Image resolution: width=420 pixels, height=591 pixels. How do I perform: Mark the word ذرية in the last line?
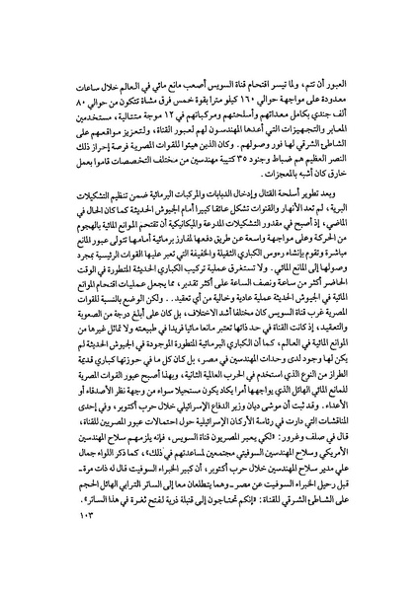point(138,520)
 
